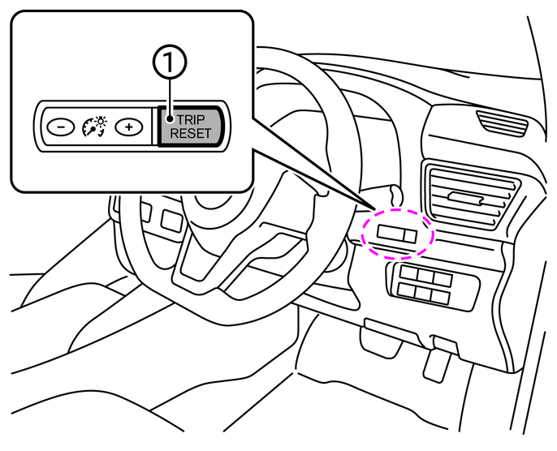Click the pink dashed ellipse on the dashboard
[x=399, y=234]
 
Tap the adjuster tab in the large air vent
[x=464, y=197]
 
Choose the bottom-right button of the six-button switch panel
[x=441, y=298]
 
